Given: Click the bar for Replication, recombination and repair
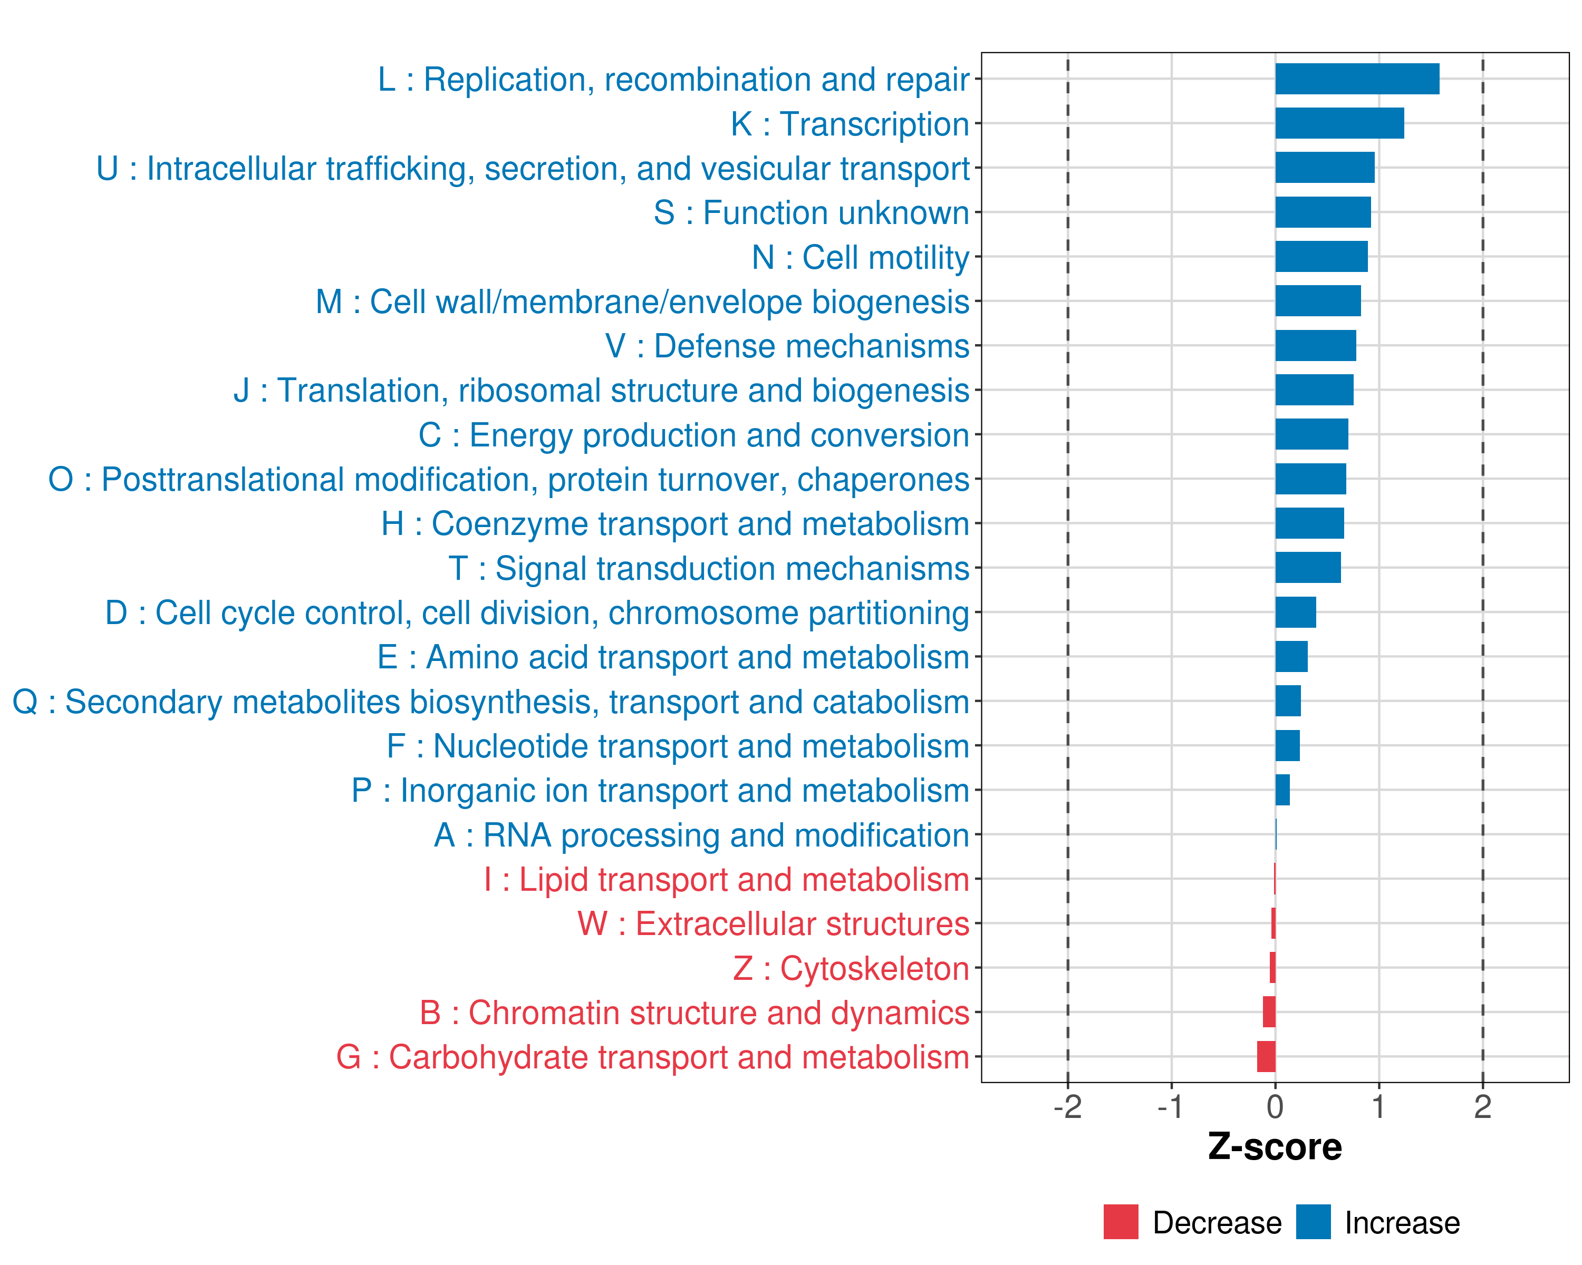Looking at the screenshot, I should click(1357, 79).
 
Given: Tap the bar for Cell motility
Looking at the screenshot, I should click(1321, 257).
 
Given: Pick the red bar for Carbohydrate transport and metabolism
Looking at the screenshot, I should click(1267, 1057).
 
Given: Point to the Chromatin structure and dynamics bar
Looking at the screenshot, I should click(1269, 1012).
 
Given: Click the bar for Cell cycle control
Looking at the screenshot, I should click(1296, 612).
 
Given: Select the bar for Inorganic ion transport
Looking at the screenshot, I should click(1282, 790).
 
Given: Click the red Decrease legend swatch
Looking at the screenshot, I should click(1121, 1222).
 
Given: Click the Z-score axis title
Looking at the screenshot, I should click(1275, 1147).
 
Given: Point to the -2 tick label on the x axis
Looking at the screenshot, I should click(1068, 1107).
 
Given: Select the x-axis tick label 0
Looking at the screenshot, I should click(1275, 1107).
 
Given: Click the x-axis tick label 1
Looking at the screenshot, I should click(1379, 1107).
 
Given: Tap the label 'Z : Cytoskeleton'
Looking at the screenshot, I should click(851, 969).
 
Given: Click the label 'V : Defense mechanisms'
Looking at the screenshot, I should click(787, 346).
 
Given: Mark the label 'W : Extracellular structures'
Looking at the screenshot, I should click(774, 924).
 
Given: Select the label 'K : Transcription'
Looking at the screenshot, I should click(850, 124).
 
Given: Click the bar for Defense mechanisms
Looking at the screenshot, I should click(1316, 345).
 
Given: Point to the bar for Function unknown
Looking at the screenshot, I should click(1323, 212).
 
